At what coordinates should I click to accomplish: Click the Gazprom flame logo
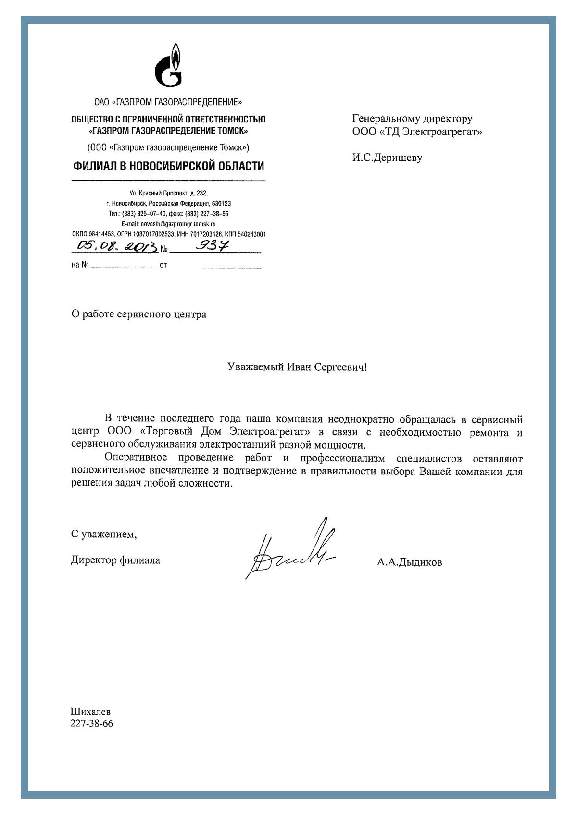click(169, 65)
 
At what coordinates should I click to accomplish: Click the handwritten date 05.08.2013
click(117, 246)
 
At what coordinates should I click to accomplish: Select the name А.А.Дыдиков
click(409, 562)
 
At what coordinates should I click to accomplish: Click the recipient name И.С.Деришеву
click(387, 158)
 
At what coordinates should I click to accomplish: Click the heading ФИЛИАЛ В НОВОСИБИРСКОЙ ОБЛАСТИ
click(169, 166)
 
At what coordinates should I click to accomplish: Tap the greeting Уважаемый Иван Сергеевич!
click(297, 367)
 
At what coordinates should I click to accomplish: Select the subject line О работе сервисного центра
click(139, 315)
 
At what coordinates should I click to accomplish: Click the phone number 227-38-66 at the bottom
click(92, 723)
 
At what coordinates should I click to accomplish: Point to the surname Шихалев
click(90, 712)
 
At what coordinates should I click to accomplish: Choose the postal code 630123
click(221, 204)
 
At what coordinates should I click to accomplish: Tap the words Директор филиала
click(115, 560)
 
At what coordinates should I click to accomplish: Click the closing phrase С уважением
click(104, 534)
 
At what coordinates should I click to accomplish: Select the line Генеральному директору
click(412, 119)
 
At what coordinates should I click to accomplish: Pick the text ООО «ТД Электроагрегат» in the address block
click(417, 132)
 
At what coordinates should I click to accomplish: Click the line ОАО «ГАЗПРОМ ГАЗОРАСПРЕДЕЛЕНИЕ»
click(168, 102)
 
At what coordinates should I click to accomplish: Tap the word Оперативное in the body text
click(136, 458)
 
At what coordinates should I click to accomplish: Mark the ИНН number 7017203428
click(206, 234)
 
